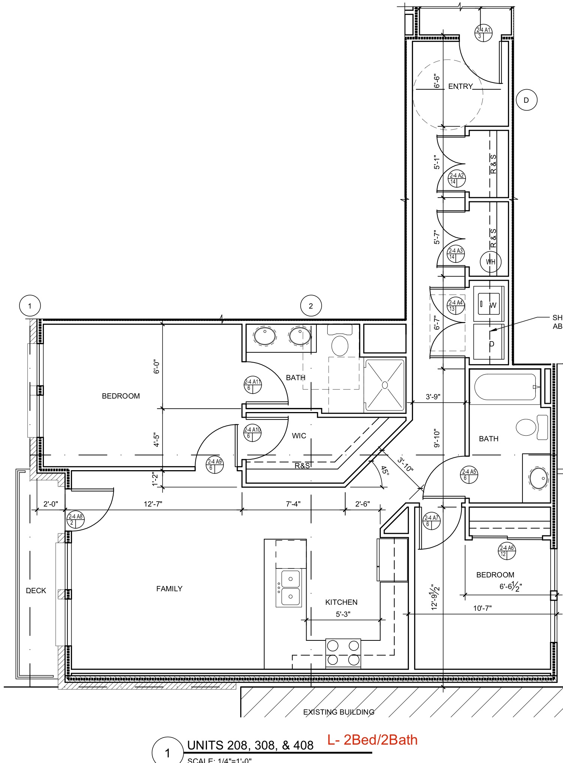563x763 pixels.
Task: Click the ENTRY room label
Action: click(460, 86)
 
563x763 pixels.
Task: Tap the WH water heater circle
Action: click(490, 262)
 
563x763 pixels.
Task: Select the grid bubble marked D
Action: click(526, 100)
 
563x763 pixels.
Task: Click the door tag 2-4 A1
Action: click(483, 33)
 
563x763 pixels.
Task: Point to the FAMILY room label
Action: click(169, 589)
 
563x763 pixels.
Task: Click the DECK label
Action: click(36, 591)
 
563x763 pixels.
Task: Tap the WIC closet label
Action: click(299, 436)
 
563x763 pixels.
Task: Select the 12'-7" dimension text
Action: click(153, 504)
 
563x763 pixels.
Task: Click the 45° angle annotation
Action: click(385, 470)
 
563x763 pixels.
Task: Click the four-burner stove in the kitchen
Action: click(343, 653)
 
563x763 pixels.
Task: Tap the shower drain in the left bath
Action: click(385, 385)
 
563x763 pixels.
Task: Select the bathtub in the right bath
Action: click(505, 387)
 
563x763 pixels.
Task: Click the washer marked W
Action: click(489, 304)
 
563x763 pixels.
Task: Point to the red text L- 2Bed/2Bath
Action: click(372, 740)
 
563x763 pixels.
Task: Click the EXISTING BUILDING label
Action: click(338, 712)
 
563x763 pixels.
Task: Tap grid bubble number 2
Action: click(311, 306)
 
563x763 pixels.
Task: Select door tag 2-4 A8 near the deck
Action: click(75, 519)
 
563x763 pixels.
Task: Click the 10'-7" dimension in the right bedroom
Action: click(482, 608)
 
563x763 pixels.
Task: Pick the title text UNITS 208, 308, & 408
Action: click(250, 745)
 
